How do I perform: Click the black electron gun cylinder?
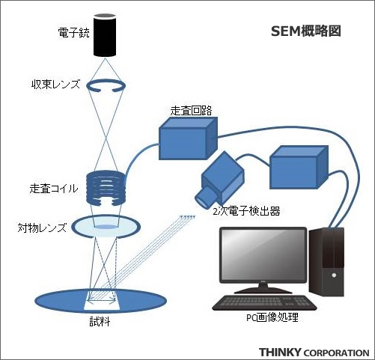coord(105,35)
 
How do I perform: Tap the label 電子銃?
coord(73,33)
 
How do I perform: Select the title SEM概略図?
coord(306,31)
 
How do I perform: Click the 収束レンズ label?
coord(55,85)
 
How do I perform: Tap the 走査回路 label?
coord(191,111)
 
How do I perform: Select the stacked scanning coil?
coord(106,189)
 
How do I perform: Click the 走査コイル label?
coord(54,189)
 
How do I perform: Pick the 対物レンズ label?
coord(42,228)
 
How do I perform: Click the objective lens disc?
coord(106,227)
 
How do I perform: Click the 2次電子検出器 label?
coord(246,211)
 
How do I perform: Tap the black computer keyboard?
coord(264,303)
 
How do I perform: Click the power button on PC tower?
coord(334,275)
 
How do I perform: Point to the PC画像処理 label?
coord(272,317)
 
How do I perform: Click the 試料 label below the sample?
coord(100,322)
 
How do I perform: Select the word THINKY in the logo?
coord(280,353)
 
